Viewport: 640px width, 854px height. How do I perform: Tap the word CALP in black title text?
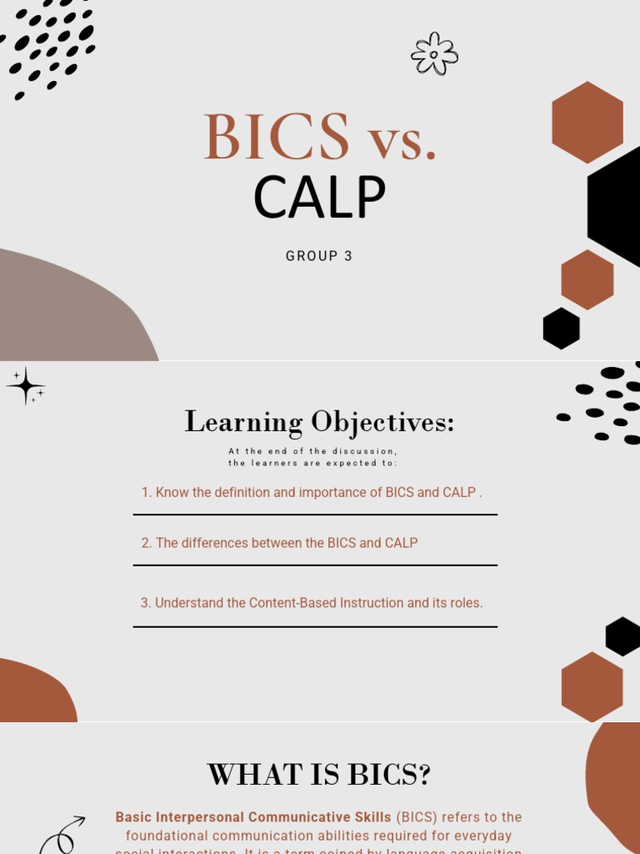[319, 198]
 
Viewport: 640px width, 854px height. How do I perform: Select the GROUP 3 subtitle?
[319, 256]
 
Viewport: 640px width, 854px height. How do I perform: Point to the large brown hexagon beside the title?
[587, 122]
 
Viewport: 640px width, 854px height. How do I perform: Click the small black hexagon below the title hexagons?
[561, 329]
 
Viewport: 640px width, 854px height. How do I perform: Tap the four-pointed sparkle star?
[26, 386]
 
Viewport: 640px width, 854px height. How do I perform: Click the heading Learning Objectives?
[319, 422]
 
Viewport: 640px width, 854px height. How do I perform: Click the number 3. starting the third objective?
[145, 602]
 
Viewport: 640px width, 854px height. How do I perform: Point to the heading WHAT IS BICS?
[319, 775]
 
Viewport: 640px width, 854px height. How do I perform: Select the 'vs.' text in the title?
[403, 138]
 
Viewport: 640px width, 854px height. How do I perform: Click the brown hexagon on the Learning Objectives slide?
[592, 686]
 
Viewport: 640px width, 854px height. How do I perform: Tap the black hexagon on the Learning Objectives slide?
[622, 636]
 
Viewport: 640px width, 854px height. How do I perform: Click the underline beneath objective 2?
[315, 565]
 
